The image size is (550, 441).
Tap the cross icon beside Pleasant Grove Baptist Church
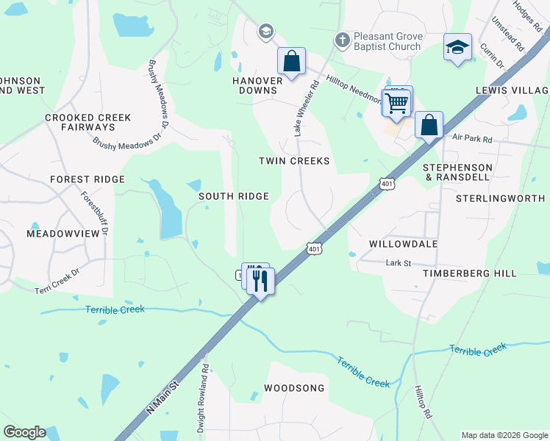coord(341,38)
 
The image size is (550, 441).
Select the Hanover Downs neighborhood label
coord(257,85)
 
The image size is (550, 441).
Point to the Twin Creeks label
coord(294,160)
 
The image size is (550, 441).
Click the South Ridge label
coord(234,196)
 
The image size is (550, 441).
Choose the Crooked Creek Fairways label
coord(88,122)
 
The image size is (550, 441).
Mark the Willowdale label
coord(404,243)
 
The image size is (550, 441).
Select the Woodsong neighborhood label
coord(294,387)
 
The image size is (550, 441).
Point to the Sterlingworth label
coord(501,198)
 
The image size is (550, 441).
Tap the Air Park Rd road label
coord(471,137)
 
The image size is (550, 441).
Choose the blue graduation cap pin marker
coord(457,48)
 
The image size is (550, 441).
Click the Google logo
coord(24,432)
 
